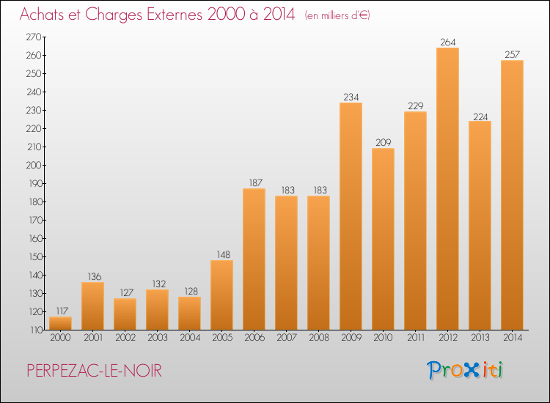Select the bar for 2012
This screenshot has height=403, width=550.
(x=447, y=188)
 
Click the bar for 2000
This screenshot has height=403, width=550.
(x=60, y=323)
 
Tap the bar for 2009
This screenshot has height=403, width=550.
(x=351, y=216)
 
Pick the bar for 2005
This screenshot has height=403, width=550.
(x=221, y=295)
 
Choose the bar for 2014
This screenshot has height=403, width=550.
(x=512, y=195)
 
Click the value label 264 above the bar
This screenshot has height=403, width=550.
(x=448, y=42)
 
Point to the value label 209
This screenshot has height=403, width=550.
(x=384, y=143)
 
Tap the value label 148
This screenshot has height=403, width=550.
(x=223, y=255)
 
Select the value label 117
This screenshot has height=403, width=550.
(x=62, y=311)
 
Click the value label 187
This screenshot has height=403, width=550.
(x=256, y=183)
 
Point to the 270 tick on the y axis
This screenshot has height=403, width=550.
(x=34, y=37)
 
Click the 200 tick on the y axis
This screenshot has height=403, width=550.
(x=34, y=165)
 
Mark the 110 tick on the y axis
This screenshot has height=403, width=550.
(x=36, y=330)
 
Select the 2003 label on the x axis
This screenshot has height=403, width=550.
(x=158, y=338)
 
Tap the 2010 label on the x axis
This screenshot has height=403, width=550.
(x=383, y=338)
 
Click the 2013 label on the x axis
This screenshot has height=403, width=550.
(x=480, y=338)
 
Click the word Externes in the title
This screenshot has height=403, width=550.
(x=174, y=15)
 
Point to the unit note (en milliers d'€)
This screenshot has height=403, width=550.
(x=337, y=16)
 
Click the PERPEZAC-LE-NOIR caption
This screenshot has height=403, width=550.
(x=95, y=371)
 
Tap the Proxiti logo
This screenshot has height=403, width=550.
(x=465, y=370)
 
